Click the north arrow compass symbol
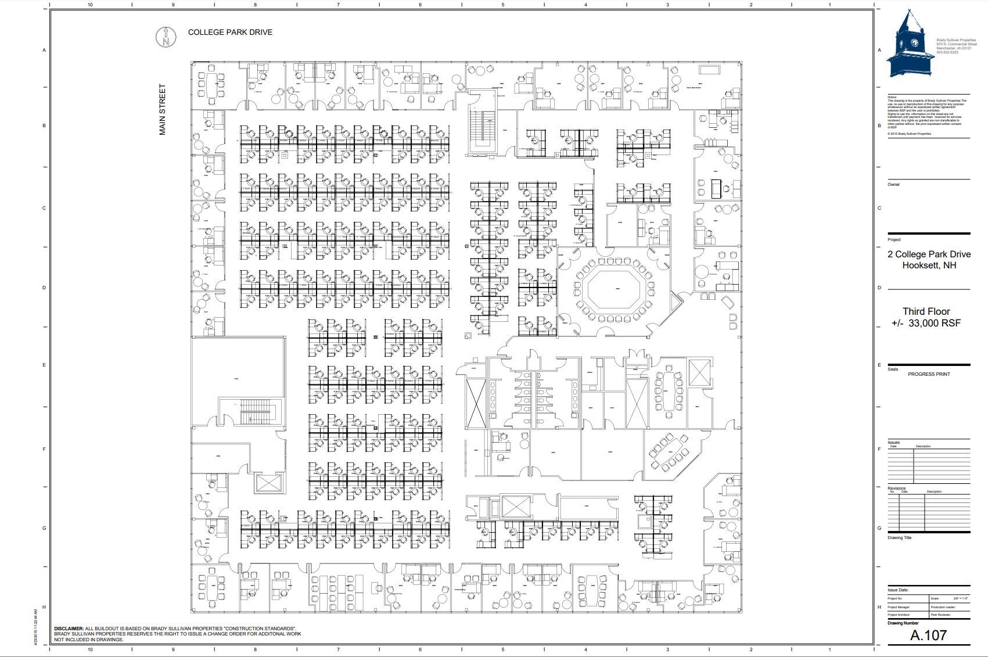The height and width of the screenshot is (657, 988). click(x=166, y=37)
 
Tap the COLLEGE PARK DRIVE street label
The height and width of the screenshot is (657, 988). click(x=230, y=33)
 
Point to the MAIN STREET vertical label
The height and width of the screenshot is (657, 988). click(x=163, y=110)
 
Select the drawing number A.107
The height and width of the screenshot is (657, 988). click(x=928, y=636)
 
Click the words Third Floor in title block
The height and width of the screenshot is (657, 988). click(x=926, y=311)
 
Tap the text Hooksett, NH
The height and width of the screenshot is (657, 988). click(x=929, y=265)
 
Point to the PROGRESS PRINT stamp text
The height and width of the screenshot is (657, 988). click(x=929, y=374)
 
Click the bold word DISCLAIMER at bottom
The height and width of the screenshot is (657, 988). click(x=69, y=629)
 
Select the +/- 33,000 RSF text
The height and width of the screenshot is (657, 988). click(x=926, y=323)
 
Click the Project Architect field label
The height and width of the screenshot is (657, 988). click(x=899, y=615)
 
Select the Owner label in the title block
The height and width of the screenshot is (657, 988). click(x=893, y=185)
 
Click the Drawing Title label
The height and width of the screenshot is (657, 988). click(x=899, y=538)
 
